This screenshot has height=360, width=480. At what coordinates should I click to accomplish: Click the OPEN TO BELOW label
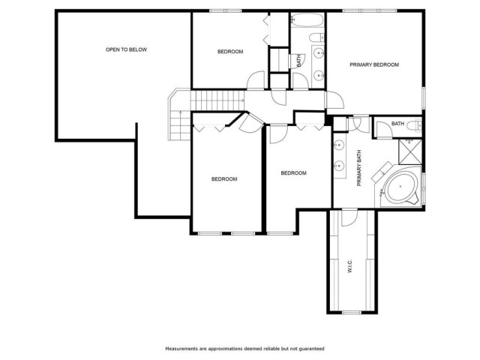126,49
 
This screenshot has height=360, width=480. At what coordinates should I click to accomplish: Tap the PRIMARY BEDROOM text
374,64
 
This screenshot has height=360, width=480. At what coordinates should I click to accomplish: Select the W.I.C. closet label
350,265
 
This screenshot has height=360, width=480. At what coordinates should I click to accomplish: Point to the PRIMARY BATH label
359,168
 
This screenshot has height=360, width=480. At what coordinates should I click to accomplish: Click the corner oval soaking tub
400,187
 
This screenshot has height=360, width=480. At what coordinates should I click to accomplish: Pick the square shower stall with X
410,151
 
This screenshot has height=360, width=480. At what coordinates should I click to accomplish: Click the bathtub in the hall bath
307,20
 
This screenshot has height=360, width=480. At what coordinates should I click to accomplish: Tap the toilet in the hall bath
316,37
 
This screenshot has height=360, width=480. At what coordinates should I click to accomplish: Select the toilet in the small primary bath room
417,125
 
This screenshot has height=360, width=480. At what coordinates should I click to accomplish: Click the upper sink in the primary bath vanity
339,144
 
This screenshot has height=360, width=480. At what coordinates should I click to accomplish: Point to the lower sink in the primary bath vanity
339,166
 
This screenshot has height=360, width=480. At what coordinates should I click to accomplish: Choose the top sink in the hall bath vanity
319,53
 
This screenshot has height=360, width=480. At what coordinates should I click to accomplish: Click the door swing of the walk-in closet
349,218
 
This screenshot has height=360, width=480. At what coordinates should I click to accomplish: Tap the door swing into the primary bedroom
335,100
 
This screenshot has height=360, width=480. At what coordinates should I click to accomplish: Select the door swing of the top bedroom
256,80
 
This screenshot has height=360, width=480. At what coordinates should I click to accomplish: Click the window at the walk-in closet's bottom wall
352,313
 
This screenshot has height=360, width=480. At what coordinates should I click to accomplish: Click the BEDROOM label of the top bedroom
230,52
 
